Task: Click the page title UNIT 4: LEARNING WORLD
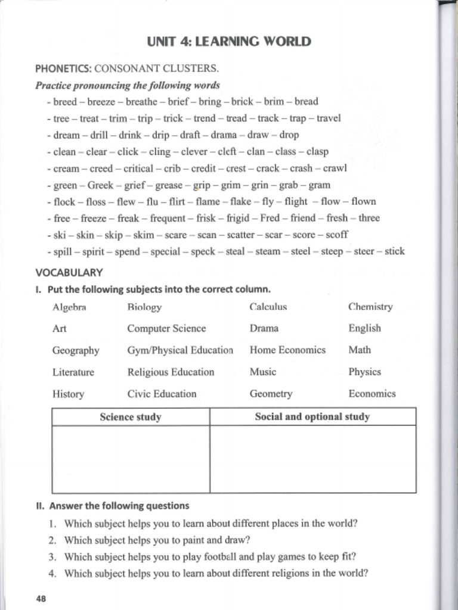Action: pyautogui.click(x=228, y=42)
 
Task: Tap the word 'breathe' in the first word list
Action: pyautogui.click(x=141, y=102)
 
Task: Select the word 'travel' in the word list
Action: pyautogui.click(x=329, y=118)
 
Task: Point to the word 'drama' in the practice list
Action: pyautogui.click(x=224, y=135)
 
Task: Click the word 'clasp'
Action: pyautogui.click(x=317, y=151)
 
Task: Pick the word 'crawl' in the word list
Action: pyautogui.click(x=335, y=168)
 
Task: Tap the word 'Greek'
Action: pyautogui.click(x=100, y=185)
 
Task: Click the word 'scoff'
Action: pyautogui.click(x=338, y=235)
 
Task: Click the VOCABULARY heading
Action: pyautogui.click(x=69, y=273)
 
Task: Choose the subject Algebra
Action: pyautogui.click(x=69, y=307)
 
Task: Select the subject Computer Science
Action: pyautogui.click(x=166, y=329)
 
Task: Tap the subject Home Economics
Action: pyautogui.click(x=287, y=350)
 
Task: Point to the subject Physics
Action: pyautogui.click(x=364, y=372)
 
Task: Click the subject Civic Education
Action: pyautogui.click(x=162, y=394)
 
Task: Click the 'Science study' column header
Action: pyautogui.click(x=131, y=417)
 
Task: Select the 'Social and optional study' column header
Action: pyautogui.click(x=312, y=417)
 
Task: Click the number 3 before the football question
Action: pyautogui.click(x=52, y=558)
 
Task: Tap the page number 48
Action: pyautogui.click(x=41, y=599)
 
